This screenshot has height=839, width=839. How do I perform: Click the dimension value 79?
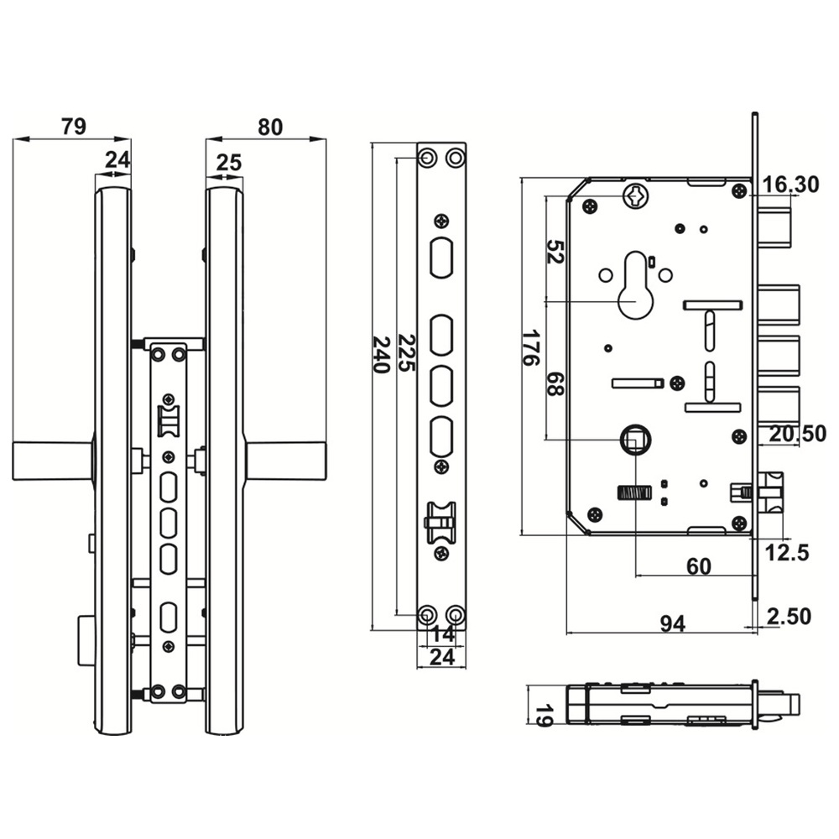point(74,127)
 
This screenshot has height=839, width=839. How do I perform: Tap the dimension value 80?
point(270,127)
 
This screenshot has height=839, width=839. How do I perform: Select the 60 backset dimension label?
point(698,566)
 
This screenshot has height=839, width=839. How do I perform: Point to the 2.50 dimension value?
point(789,617)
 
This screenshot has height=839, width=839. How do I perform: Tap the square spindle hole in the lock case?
point(634,438)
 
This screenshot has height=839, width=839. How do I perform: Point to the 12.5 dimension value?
point(787,552)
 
